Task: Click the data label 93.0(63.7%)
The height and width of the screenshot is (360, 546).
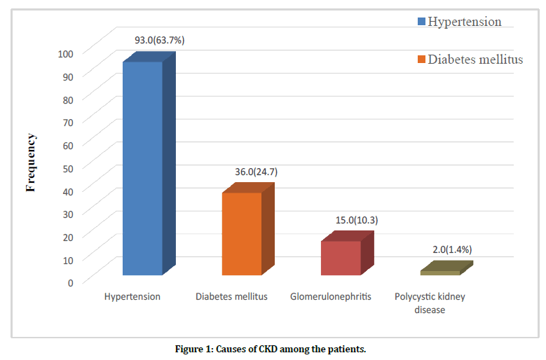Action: (160, 41)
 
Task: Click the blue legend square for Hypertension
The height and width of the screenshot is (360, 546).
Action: (421, 22)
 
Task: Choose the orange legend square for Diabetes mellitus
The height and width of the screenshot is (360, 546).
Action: (421, 60)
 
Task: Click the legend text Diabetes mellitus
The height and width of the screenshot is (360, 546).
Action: (475, 60)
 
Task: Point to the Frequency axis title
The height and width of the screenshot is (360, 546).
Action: (31, 162)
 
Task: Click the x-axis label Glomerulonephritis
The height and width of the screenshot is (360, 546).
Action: (331, 297)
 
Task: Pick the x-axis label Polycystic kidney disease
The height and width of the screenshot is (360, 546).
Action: (430, 303)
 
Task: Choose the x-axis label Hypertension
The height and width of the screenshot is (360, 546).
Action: (132, 297)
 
